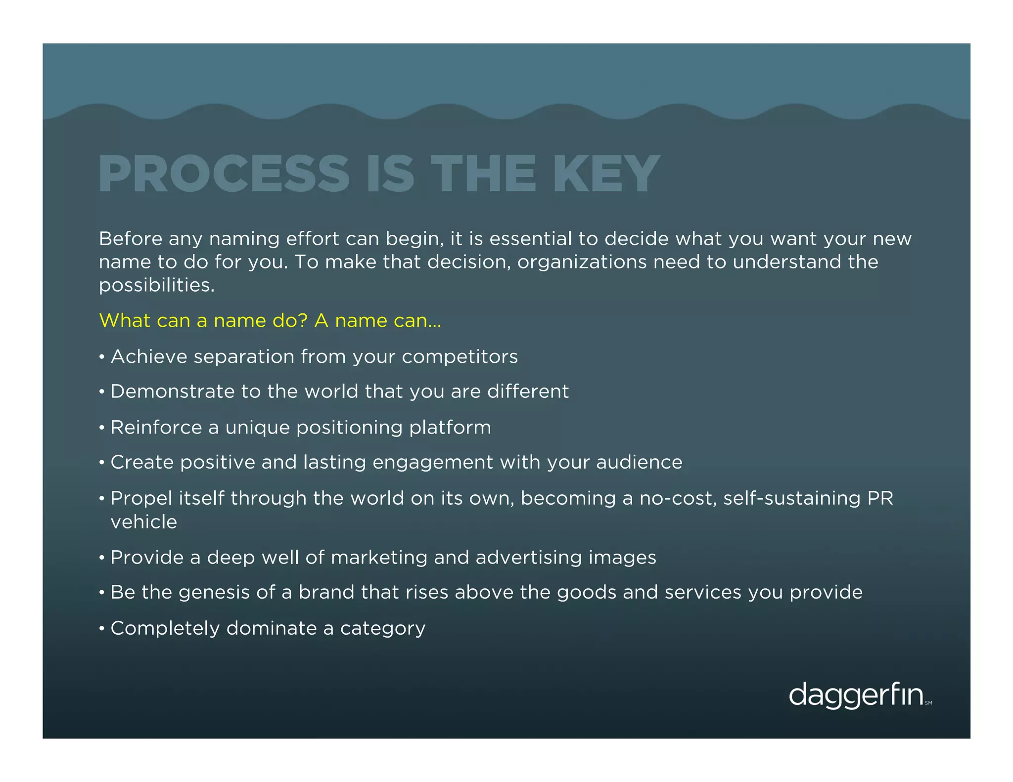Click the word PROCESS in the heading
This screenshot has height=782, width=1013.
pyautogui.click(x=224, y=174)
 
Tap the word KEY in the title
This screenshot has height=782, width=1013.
pyautogui.click(x=606, y=174)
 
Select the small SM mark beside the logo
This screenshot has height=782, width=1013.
pyautogui.click(x=928, y=703)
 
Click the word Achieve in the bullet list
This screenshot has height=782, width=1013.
pyautogui.click(x=149, y=356)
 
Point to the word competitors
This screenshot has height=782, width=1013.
pyautogui.click(x=460, y=356)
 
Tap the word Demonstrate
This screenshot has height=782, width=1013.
pyautogui.click(x=172, y=391)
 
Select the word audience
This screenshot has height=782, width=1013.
pyautogui.click(x=639, y=462)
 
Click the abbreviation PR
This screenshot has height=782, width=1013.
pyautogui.click(x=880, y=498)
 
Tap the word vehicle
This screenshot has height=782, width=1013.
pyautogui.click(x=143, y=522)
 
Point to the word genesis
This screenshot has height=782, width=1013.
pyautogui.click(x=214, y=593)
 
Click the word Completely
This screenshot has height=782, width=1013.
pyautogui.click(x=165, y=628)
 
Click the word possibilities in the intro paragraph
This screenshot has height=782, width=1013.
pyautogui.click(x=156, y=285)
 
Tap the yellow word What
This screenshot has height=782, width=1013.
pyautogui.click(x=121, y=320)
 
